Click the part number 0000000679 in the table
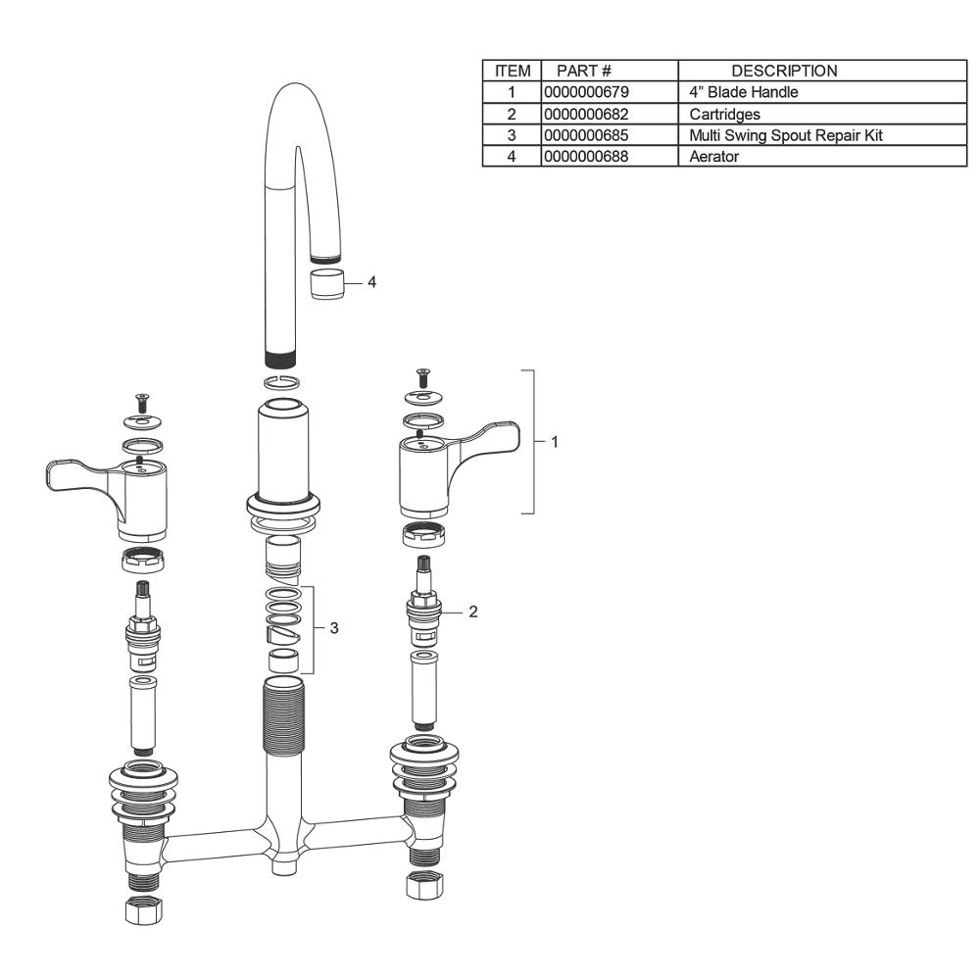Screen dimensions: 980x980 [586, 92]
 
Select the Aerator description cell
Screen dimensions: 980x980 [713, 156]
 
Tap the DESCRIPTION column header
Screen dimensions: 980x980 [784, 71]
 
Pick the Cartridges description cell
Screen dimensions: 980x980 [724, 115]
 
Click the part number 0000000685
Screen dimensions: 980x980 [586, 135]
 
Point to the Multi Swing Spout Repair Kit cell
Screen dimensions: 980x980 [786, 135]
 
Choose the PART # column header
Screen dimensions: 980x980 [584, 71]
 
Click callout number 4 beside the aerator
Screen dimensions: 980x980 [371, 282]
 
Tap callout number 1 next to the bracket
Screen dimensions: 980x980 [554, 442]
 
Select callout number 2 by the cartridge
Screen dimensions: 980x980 [473, 612]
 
